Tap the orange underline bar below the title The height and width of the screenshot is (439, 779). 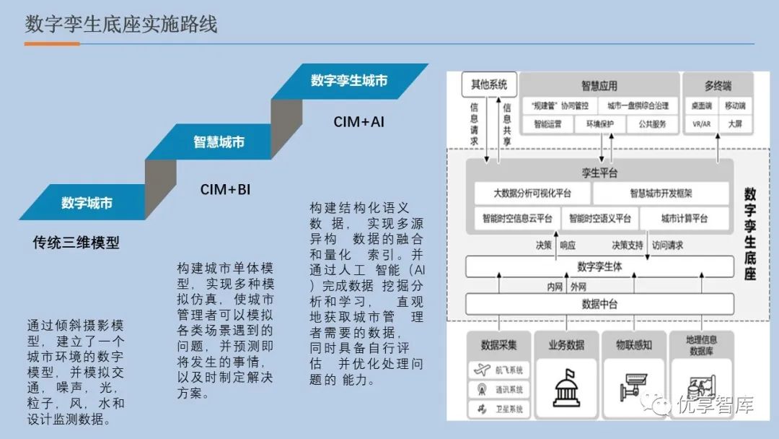click(52, 44)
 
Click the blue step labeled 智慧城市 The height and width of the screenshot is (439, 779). click(218, 142)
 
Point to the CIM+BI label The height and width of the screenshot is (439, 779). click(225, 190)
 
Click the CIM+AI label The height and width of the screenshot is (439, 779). click(358, 122)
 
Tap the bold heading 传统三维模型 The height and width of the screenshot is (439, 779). click(76, 243)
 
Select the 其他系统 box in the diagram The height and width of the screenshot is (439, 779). click(489, 84)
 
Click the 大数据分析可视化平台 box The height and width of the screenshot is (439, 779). click(532, 194)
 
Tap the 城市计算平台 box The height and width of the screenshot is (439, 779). click(685, 218)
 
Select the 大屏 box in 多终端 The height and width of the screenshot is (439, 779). click(734, 124)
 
